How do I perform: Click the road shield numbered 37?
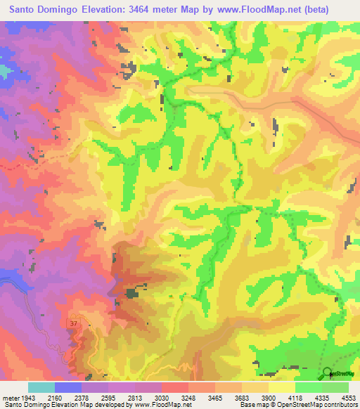click(74, 323)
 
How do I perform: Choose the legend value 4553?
click(349, 397)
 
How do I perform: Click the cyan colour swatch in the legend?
click(41, 387)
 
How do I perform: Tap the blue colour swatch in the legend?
click(68, 387)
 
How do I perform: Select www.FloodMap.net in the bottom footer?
click(163, 405)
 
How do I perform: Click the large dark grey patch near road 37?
click(131, 294)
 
